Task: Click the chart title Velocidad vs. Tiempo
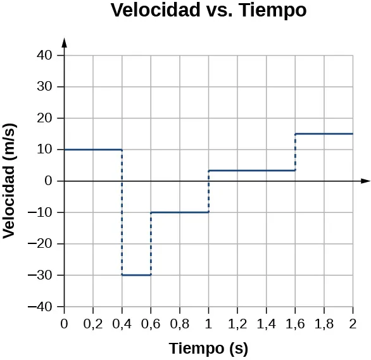coord(208,11)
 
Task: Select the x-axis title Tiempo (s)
coord(208,348)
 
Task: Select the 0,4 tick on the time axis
coord(122,325)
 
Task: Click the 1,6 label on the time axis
coord(295,325)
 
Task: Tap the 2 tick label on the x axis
coord(353,325)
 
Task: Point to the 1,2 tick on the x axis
coord(237,325)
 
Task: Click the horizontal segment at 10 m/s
coord(93,150)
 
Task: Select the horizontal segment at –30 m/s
coord(136,275)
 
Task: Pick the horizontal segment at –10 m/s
coord(179,212)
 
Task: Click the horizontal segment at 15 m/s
coord(324,134)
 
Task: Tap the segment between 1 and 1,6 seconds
coord(251,170)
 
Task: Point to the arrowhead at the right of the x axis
coord(365,181)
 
